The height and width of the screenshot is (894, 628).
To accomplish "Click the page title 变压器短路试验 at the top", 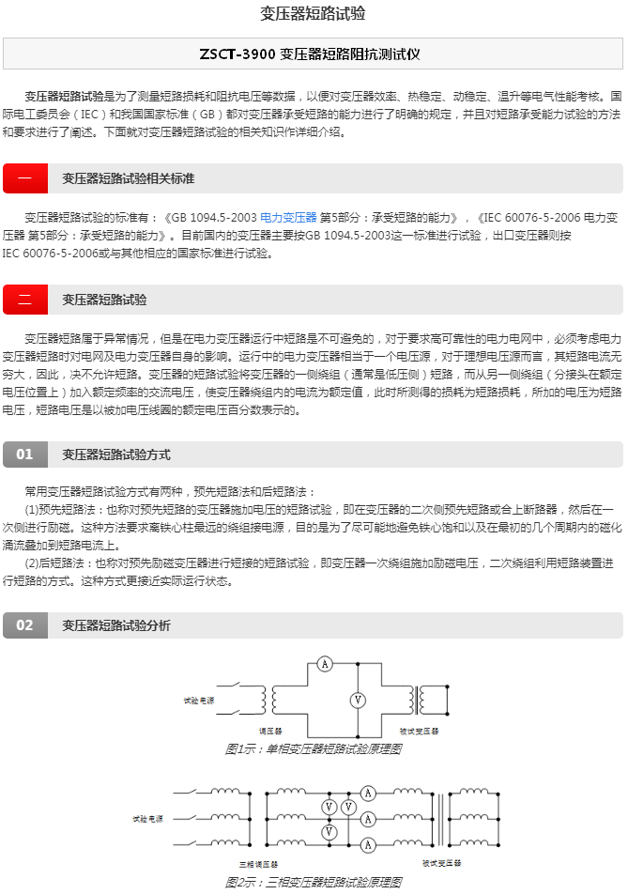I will pos(314,13).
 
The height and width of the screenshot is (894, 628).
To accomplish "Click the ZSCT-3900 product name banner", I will pos(314,54).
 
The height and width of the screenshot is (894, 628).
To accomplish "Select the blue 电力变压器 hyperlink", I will pos(288,217).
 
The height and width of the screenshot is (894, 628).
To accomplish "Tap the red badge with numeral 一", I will pos(25,178).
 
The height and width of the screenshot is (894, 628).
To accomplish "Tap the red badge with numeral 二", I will pos(25,300).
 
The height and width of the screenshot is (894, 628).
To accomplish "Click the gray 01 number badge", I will pos(25,455).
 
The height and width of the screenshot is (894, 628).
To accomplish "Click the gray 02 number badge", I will pos(25,625).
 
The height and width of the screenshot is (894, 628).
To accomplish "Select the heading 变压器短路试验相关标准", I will pos(129,178).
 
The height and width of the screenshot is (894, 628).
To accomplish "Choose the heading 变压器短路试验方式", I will pos(116,455).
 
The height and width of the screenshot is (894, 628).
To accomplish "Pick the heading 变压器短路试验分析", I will pos(116,625).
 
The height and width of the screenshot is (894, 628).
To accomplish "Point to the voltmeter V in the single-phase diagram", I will pos(357,700).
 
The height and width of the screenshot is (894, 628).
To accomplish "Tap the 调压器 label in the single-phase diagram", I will pos(270,731).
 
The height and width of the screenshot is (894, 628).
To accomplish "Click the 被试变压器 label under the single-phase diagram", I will pos(419,731).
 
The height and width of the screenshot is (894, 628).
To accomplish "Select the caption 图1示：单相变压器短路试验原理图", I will pos(314,748).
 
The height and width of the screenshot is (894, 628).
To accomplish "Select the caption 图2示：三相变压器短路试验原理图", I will pos(314,882).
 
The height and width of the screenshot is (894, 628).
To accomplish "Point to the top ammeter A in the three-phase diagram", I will pos(369,794).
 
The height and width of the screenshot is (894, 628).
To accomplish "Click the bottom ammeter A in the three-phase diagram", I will pos(369,841).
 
